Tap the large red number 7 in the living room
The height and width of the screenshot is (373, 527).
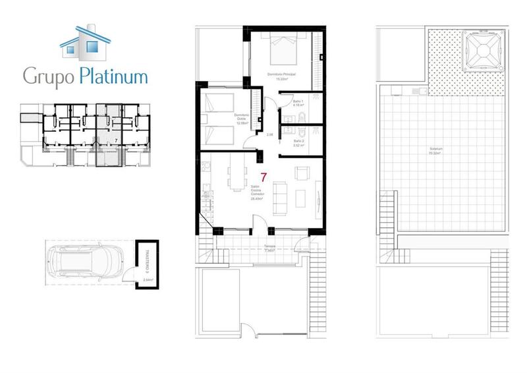tap(263, 177)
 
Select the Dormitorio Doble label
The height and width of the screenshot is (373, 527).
tap(242, 120)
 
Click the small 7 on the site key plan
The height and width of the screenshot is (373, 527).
tap(116, 140)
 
